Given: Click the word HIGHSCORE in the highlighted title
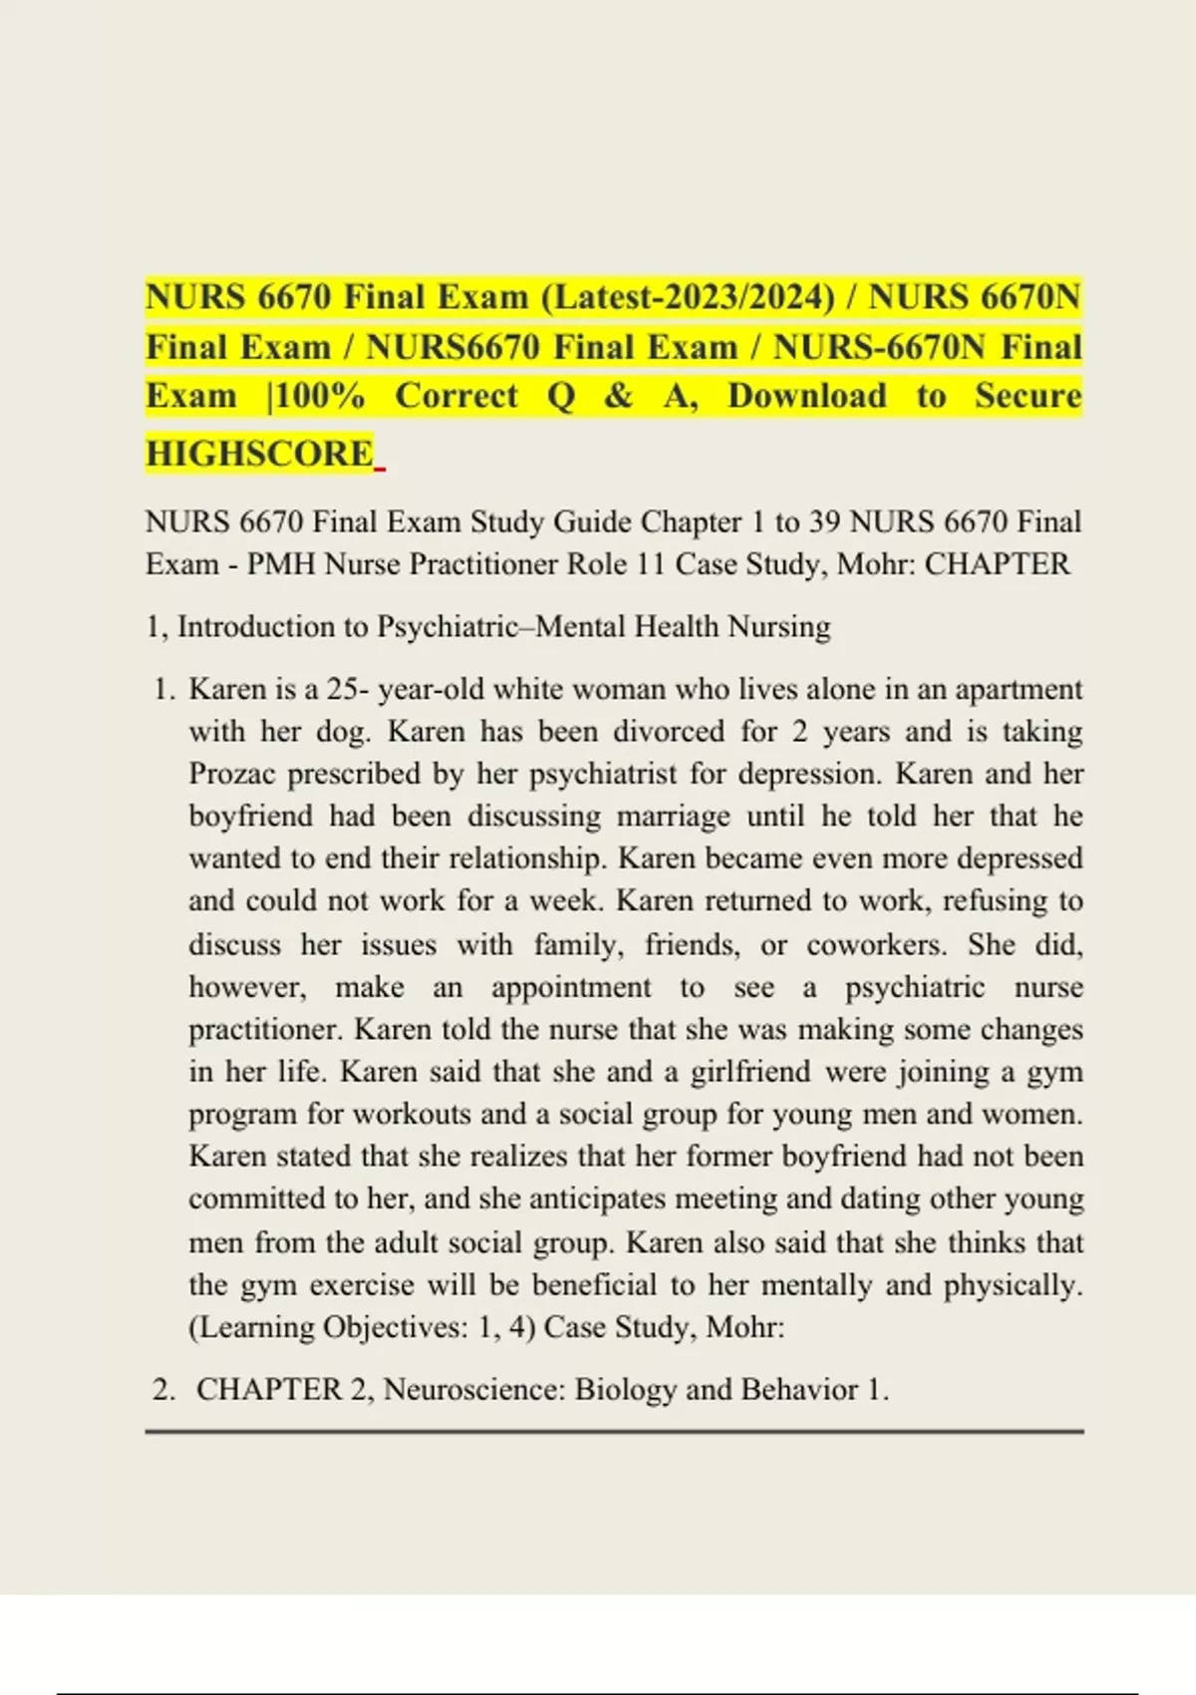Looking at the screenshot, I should point(259,454).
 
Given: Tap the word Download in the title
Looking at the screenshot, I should point(806,396).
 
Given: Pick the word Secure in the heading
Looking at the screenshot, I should point(1028,396).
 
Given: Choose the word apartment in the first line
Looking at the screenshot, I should point(1018,690).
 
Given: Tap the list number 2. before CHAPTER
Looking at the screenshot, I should point(163,1390).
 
